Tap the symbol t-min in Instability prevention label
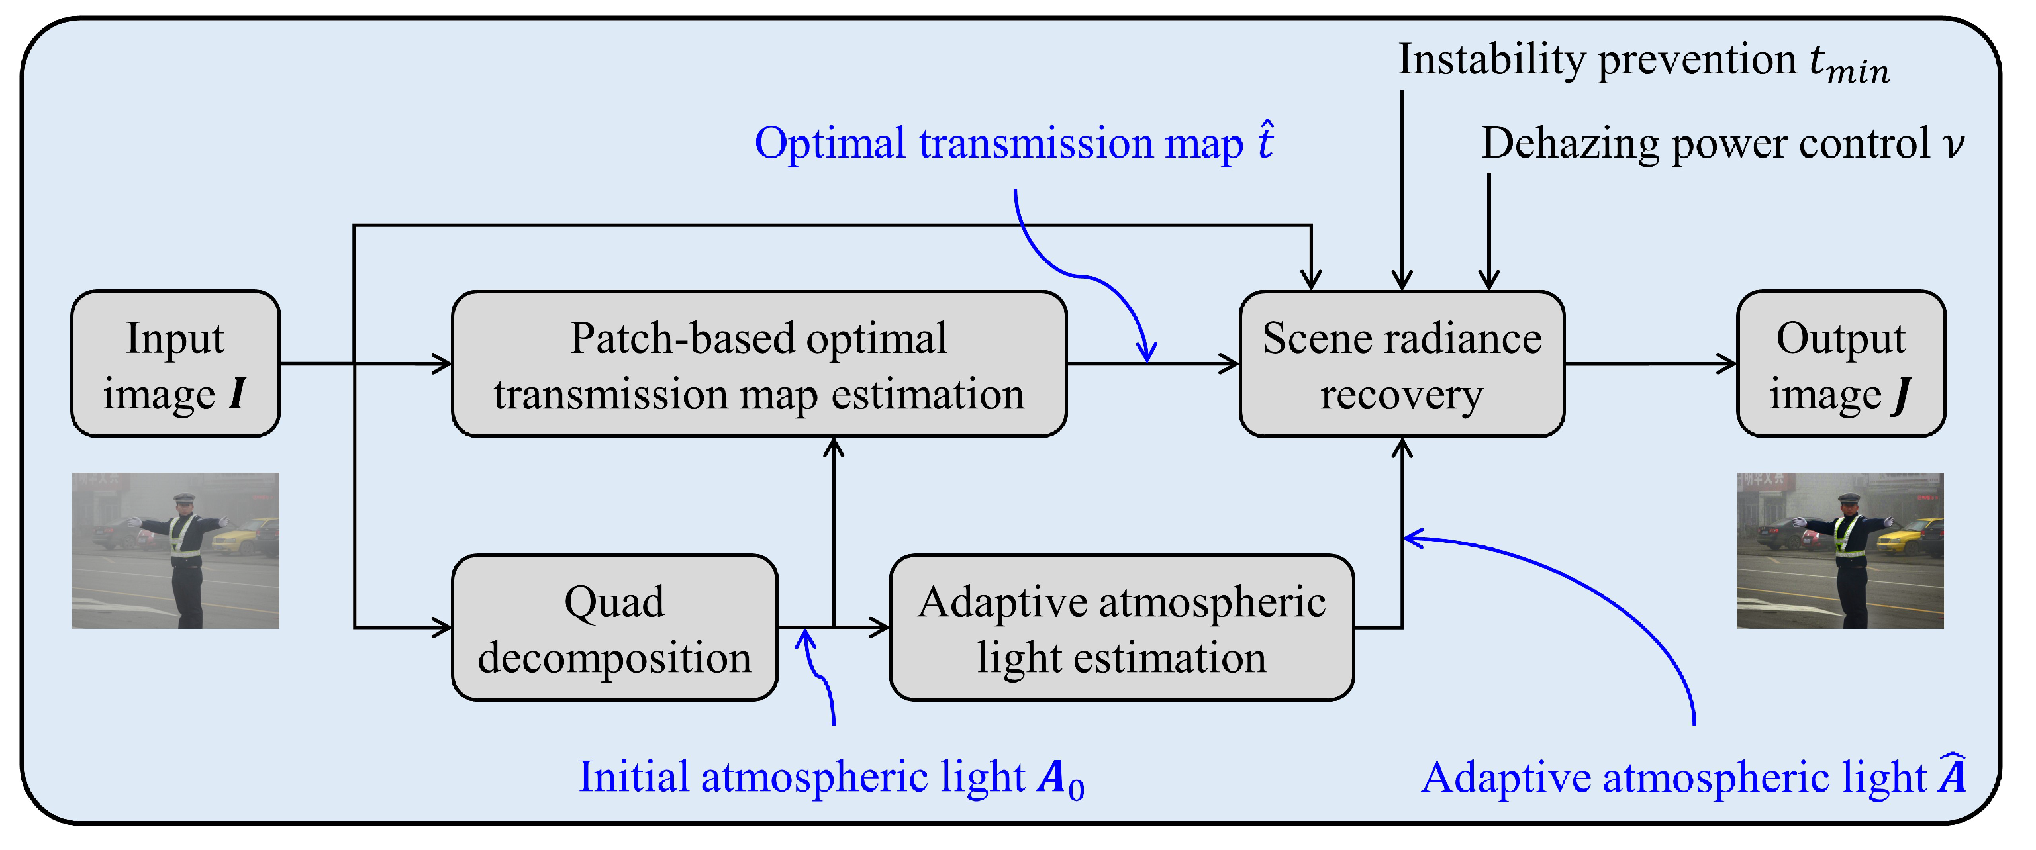tap(1849, 65)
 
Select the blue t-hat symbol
tap(1265, 142)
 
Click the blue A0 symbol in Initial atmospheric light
tap(1061, 779)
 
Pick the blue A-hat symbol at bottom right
tap(1952, 776)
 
